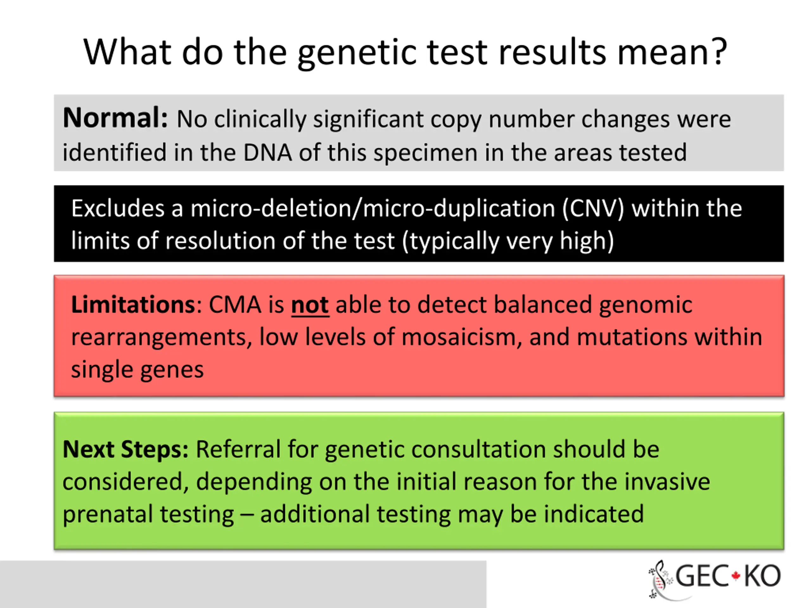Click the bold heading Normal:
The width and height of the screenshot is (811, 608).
pyautogui.click(x=115, y=118)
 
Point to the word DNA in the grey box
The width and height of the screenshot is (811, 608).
pyautogui.click(x=268, y=152)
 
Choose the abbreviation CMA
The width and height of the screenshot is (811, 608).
pyautogui.click(x=235, y=305)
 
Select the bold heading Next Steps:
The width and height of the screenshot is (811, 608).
pyautogui.click(x=125, y=450)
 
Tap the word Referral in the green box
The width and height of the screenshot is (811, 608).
pyautogui.click(x=238, y=449)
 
